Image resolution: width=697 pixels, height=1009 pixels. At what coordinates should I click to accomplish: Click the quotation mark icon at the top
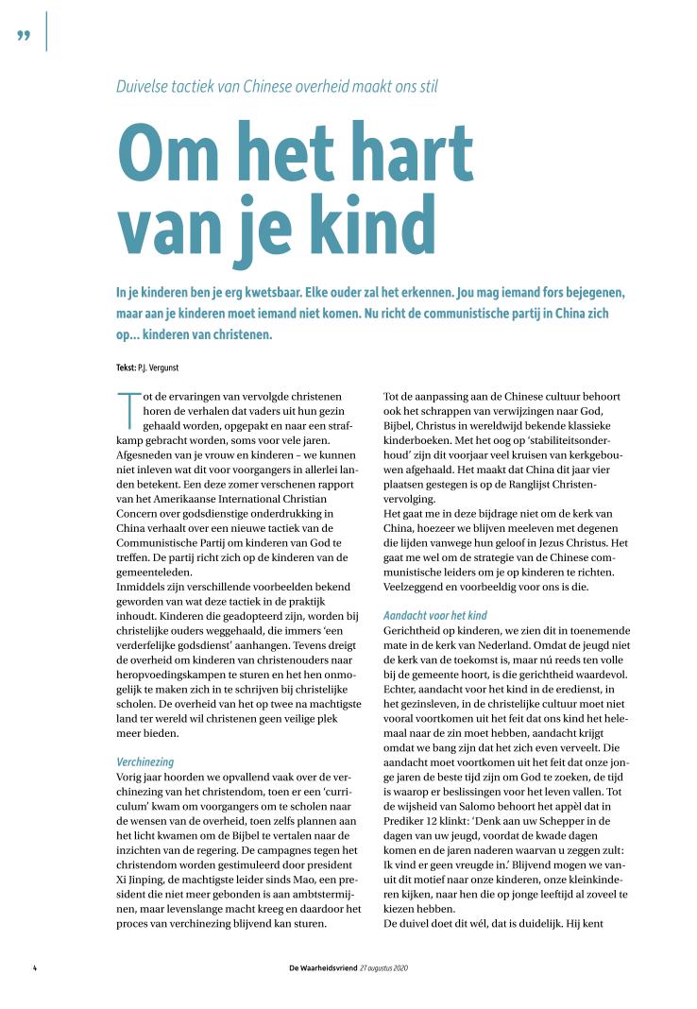[25, 36]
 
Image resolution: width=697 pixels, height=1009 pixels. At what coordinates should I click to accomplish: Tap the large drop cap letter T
[127, 409]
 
